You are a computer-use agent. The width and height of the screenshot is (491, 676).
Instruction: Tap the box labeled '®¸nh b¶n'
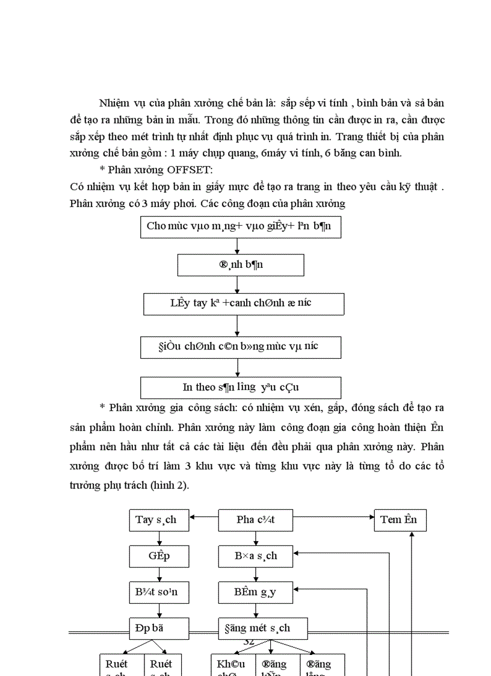click(240, 265)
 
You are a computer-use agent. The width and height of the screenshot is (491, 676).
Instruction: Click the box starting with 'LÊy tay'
click(243, 303)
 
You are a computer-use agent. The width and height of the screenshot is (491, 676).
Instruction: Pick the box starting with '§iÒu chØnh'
click(241, 347)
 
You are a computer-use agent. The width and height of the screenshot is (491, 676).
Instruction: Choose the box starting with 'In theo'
click(240, 387)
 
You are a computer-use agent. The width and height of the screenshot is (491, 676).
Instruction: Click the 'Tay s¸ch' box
click(159, 520)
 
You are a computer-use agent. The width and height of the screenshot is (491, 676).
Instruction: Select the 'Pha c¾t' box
click(255, 520)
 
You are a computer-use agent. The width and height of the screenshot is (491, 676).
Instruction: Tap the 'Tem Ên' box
click(400, 520)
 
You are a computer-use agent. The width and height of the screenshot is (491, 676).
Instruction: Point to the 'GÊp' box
click(159, 556)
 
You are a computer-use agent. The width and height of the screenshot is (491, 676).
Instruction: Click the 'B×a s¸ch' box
click(255, 556)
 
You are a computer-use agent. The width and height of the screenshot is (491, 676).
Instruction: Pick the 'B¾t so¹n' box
click(159, 592)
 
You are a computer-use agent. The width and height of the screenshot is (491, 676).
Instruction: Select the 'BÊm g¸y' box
click(255, 592)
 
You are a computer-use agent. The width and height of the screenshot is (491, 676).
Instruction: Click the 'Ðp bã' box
click(159, 628)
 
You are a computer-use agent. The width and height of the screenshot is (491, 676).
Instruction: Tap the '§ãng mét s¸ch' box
click(262, 628)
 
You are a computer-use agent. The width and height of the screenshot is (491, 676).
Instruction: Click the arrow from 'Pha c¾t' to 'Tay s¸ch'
click(203, 516)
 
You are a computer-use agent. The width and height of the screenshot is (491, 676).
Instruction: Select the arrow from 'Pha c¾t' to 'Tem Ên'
click(333, 516)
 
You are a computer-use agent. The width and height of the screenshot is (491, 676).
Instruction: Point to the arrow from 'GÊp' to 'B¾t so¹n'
click(159, 574)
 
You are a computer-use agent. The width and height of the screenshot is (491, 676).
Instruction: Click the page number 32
click(248, 641)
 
